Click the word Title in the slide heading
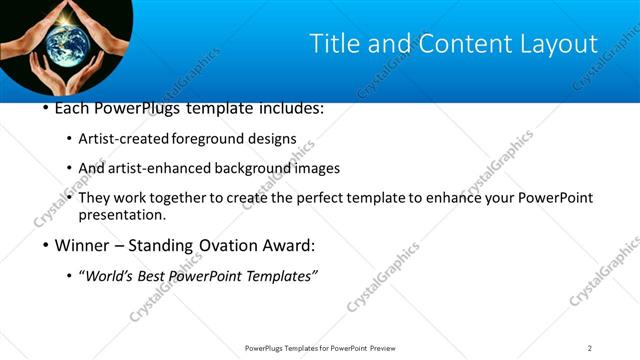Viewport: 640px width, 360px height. (333, 44)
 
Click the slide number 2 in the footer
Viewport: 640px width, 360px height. (590, 348)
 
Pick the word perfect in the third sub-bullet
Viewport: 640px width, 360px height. (334, 198)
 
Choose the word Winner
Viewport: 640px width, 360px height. (83, 245)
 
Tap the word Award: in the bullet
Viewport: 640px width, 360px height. (290, 245)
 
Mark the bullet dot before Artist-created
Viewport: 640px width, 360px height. (68, 139)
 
